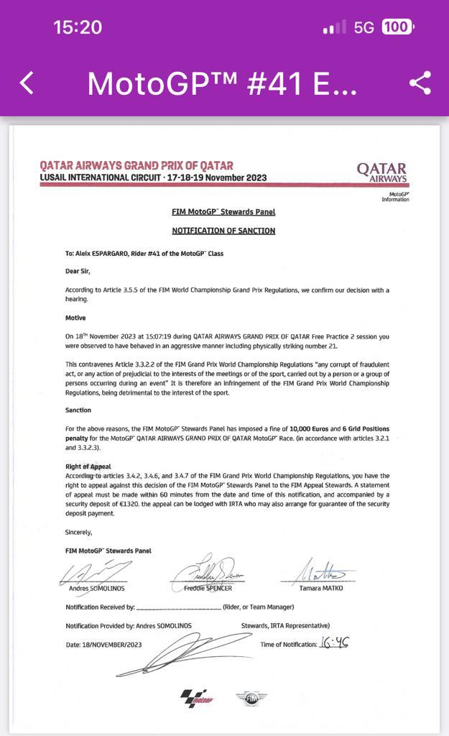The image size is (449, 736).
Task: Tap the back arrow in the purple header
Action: coord(27,83)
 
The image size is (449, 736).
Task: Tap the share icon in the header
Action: coord(420,83)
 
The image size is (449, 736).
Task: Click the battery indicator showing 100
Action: coord(397,27)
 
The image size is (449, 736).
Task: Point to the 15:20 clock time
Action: coord(78,27)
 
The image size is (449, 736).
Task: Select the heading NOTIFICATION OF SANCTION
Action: coord(223,231)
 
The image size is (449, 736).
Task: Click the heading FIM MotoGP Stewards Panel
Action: coord(223,212)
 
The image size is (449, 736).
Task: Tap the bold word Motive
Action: coord(75,318)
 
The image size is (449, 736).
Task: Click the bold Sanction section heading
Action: coord(78,410)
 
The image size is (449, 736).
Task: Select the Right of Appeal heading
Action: coord(88,466)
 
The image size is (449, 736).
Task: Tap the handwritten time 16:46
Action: coord(334,643)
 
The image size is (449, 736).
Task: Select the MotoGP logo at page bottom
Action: coord(198,697)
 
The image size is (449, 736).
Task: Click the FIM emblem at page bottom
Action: coord(251,697)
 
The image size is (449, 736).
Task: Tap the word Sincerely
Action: coord(78,532)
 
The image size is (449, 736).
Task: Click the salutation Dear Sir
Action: coord(78,271)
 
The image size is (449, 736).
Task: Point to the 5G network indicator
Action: coord(364,27)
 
